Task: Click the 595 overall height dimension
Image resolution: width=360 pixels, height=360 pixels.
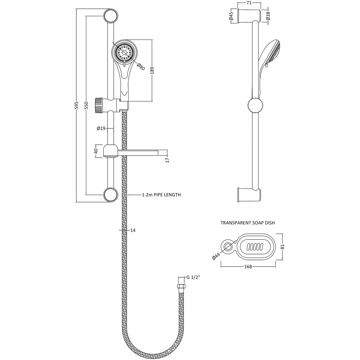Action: [77, 105]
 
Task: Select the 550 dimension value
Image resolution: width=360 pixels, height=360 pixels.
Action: [86, 105]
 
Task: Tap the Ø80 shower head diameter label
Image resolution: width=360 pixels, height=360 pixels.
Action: [141, 67]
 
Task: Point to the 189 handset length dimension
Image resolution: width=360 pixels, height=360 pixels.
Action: [152, 71]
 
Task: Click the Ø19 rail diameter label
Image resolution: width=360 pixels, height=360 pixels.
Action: [101, 129]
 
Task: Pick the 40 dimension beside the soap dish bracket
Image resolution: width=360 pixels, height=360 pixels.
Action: [96, 151]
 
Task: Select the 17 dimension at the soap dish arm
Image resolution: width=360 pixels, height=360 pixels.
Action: [167, 160]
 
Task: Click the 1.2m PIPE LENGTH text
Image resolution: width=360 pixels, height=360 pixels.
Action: [161, 195]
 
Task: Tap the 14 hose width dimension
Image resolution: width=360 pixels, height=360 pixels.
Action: [133, 230]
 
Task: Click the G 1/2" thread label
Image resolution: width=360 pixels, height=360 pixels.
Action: [193, 277]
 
